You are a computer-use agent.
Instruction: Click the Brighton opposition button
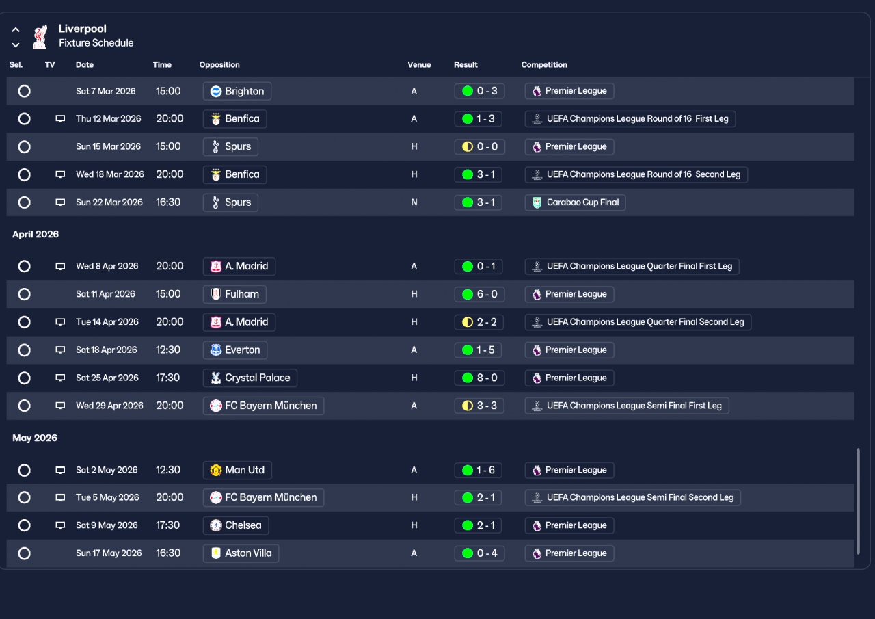237,91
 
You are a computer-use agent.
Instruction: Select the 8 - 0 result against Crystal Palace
479,378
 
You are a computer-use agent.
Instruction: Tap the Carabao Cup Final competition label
575,202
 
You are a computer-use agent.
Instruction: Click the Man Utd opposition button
237,470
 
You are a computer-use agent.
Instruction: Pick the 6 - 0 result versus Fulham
479,294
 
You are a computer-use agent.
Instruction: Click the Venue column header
419,65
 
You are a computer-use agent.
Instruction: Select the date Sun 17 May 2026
109,553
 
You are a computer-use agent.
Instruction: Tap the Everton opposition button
235,350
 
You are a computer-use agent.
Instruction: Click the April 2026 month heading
36,234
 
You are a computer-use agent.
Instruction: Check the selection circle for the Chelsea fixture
25,525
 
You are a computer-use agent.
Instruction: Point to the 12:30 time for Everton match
167,350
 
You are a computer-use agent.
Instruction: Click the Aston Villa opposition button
241,553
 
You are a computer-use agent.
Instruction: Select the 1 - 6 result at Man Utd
479,470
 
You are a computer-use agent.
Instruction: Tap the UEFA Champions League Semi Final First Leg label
627,406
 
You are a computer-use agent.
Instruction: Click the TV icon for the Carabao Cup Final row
60,202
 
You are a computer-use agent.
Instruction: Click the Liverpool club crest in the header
40,36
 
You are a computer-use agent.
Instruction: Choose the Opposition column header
219,65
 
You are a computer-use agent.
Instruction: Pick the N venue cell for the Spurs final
414,202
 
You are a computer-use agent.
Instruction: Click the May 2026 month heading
35,438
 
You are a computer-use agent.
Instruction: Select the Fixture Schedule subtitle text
96,43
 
